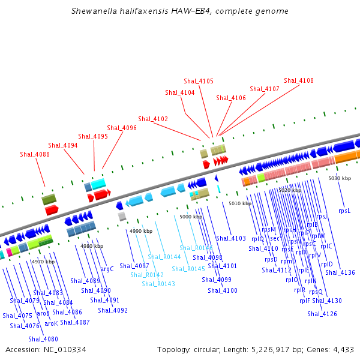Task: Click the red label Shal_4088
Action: (x=35, y=154)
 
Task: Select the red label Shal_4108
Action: (x=299, y=80)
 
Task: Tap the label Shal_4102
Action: (x=153, y=119)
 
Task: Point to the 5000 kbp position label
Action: (x=190, y=217)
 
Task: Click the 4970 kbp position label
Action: (x=43, y=262)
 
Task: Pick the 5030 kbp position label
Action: (x=339, y=178)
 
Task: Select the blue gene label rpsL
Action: (x=344, y=211)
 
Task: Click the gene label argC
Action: (x=107, y=269)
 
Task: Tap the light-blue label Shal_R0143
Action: (x=158, y=284)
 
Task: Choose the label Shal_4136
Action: (x=340, y=272)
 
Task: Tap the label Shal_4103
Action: (x=231, y=238)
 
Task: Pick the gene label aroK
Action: (x=52, y=323)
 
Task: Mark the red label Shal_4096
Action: (x=122, y=128)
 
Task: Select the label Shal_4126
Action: (x=322, y=314)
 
